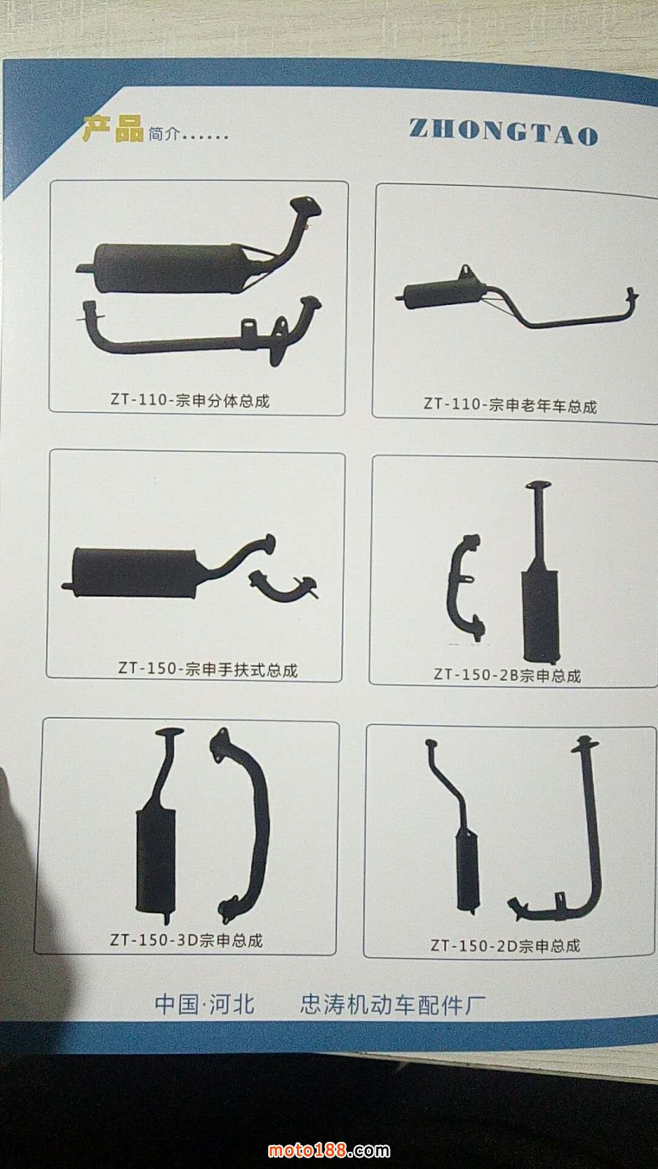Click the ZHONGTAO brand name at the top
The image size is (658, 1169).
503,131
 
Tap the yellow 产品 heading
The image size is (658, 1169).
113,129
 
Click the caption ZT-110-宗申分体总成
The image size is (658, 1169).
190,400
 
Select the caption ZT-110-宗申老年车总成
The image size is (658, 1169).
510,405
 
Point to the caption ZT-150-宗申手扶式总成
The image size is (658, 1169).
208,669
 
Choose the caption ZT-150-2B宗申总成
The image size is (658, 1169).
507,675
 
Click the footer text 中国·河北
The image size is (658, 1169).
205,1004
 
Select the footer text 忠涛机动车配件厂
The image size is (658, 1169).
392,1005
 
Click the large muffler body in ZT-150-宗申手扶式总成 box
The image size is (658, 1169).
133,572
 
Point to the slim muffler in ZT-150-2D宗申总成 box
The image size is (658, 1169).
467,869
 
